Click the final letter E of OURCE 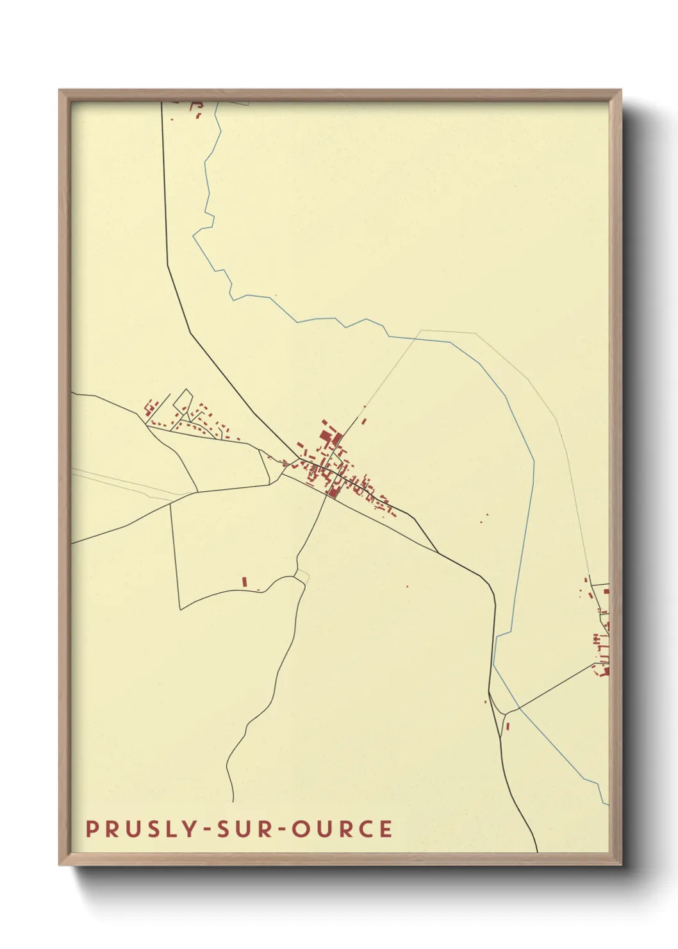click(386, 829)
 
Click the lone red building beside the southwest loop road click(244, 582)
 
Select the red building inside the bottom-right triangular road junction click(508, 726)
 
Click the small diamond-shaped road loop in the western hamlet click(183, 401)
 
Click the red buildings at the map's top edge click(196, 110)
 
